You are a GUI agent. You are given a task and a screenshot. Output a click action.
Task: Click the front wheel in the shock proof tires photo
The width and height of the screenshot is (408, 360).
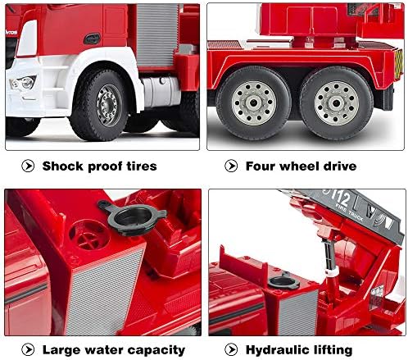point(107,106)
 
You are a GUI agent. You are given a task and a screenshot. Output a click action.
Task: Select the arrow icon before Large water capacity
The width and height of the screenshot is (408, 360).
point(28,349)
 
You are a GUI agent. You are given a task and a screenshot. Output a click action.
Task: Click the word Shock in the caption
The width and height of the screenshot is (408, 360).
point(64,166)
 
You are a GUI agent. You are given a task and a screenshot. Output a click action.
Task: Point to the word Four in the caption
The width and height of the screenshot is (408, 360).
point(264,166)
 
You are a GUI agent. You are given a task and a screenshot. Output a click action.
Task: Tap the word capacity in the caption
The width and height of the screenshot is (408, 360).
point(159,350)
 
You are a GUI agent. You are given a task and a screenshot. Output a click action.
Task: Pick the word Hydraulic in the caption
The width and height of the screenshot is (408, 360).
point(281,349)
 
